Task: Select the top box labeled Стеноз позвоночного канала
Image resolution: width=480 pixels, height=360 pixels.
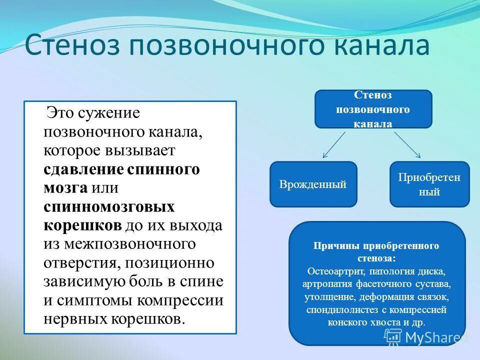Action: [373, 109]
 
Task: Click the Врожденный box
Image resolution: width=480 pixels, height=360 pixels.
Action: [313, 184]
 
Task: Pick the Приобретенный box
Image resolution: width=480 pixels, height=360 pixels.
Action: [429, 184]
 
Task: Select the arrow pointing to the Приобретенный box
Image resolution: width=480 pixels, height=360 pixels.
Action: [407, 145]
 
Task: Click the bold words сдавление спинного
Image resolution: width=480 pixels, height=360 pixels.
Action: [121, 169]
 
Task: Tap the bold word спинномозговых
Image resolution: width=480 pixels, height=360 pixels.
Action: [109, 206]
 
